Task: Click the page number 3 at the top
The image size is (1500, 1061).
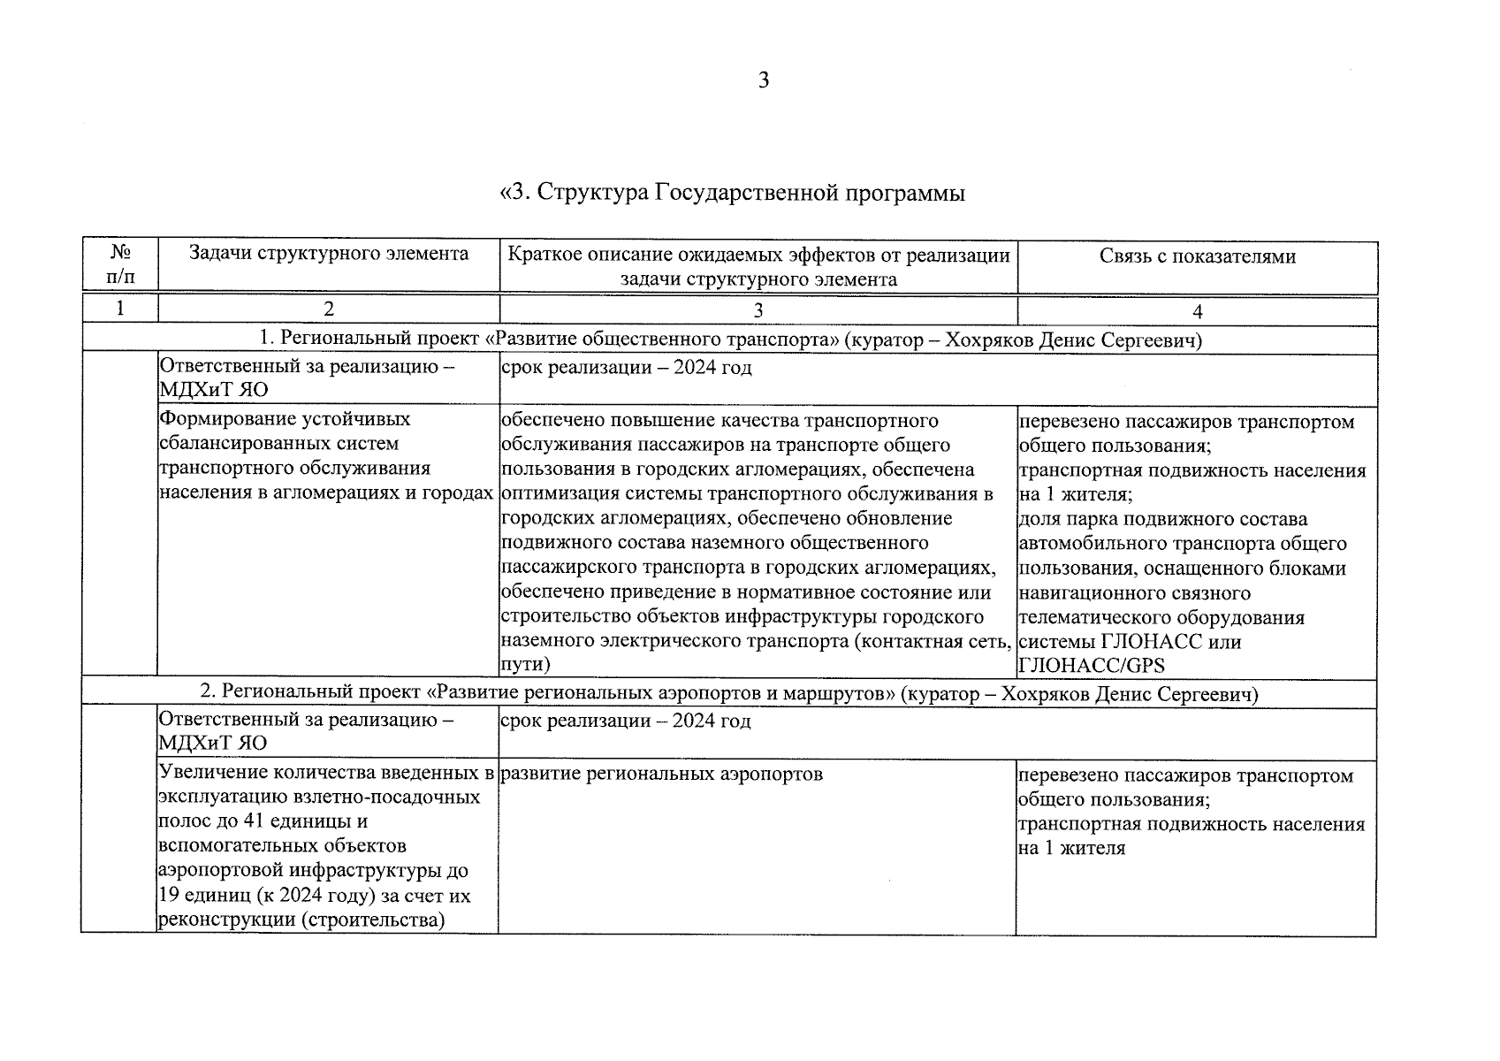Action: (x=764, y=80)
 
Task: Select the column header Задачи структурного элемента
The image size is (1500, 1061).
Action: (x=329, y=255)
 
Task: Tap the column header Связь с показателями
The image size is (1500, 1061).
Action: (x=1198, y=256)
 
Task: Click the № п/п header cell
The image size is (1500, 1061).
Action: (x=121, y=264)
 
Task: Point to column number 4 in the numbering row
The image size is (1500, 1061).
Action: (x=1197, y=311)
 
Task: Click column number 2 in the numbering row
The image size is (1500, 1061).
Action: (x=329, y=310)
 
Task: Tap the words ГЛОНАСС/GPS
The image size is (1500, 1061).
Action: (x=1092, y=666)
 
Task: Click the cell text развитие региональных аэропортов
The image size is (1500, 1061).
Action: (x=661, y=775)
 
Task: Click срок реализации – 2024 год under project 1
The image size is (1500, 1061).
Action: (x=626, y=368)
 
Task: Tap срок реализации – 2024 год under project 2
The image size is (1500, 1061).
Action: (x=625, y=721)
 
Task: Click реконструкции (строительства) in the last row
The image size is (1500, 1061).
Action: (x=301, y=920)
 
